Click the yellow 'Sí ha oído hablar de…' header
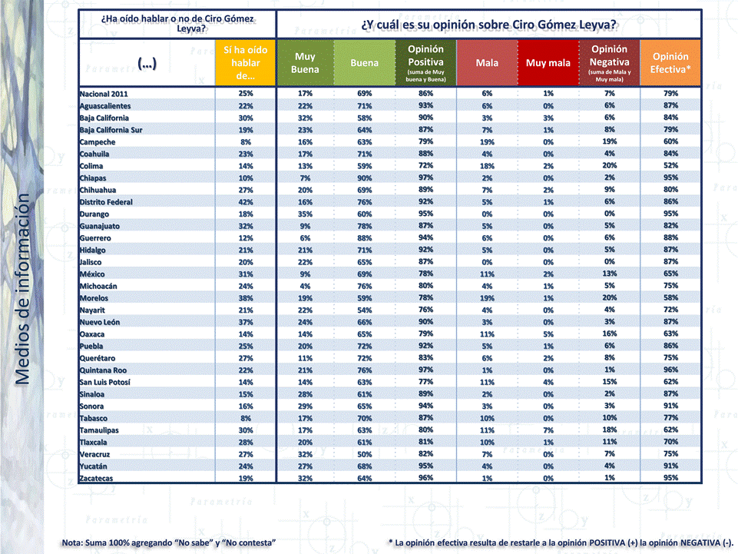(245, 62)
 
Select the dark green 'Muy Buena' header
(305, 63)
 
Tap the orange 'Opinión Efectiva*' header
(670, 63)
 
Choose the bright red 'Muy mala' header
(548, 63)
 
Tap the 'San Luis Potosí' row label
(104, 382)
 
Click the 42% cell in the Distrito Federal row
(245, 202)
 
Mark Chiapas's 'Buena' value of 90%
(365, 178)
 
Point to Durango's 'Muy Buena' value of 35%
(305, 214)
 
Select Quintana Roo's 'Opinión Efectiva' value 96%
(670, 370)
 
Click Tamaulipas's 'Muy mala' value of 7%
(548, 430)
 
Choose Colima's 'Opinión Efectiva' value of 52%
(670, 166)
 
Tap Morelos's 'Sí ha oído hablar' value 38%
(245, 298)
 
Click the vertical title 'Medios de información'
(22, 288)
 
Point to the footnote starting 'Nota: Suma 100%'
(169, 543)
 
